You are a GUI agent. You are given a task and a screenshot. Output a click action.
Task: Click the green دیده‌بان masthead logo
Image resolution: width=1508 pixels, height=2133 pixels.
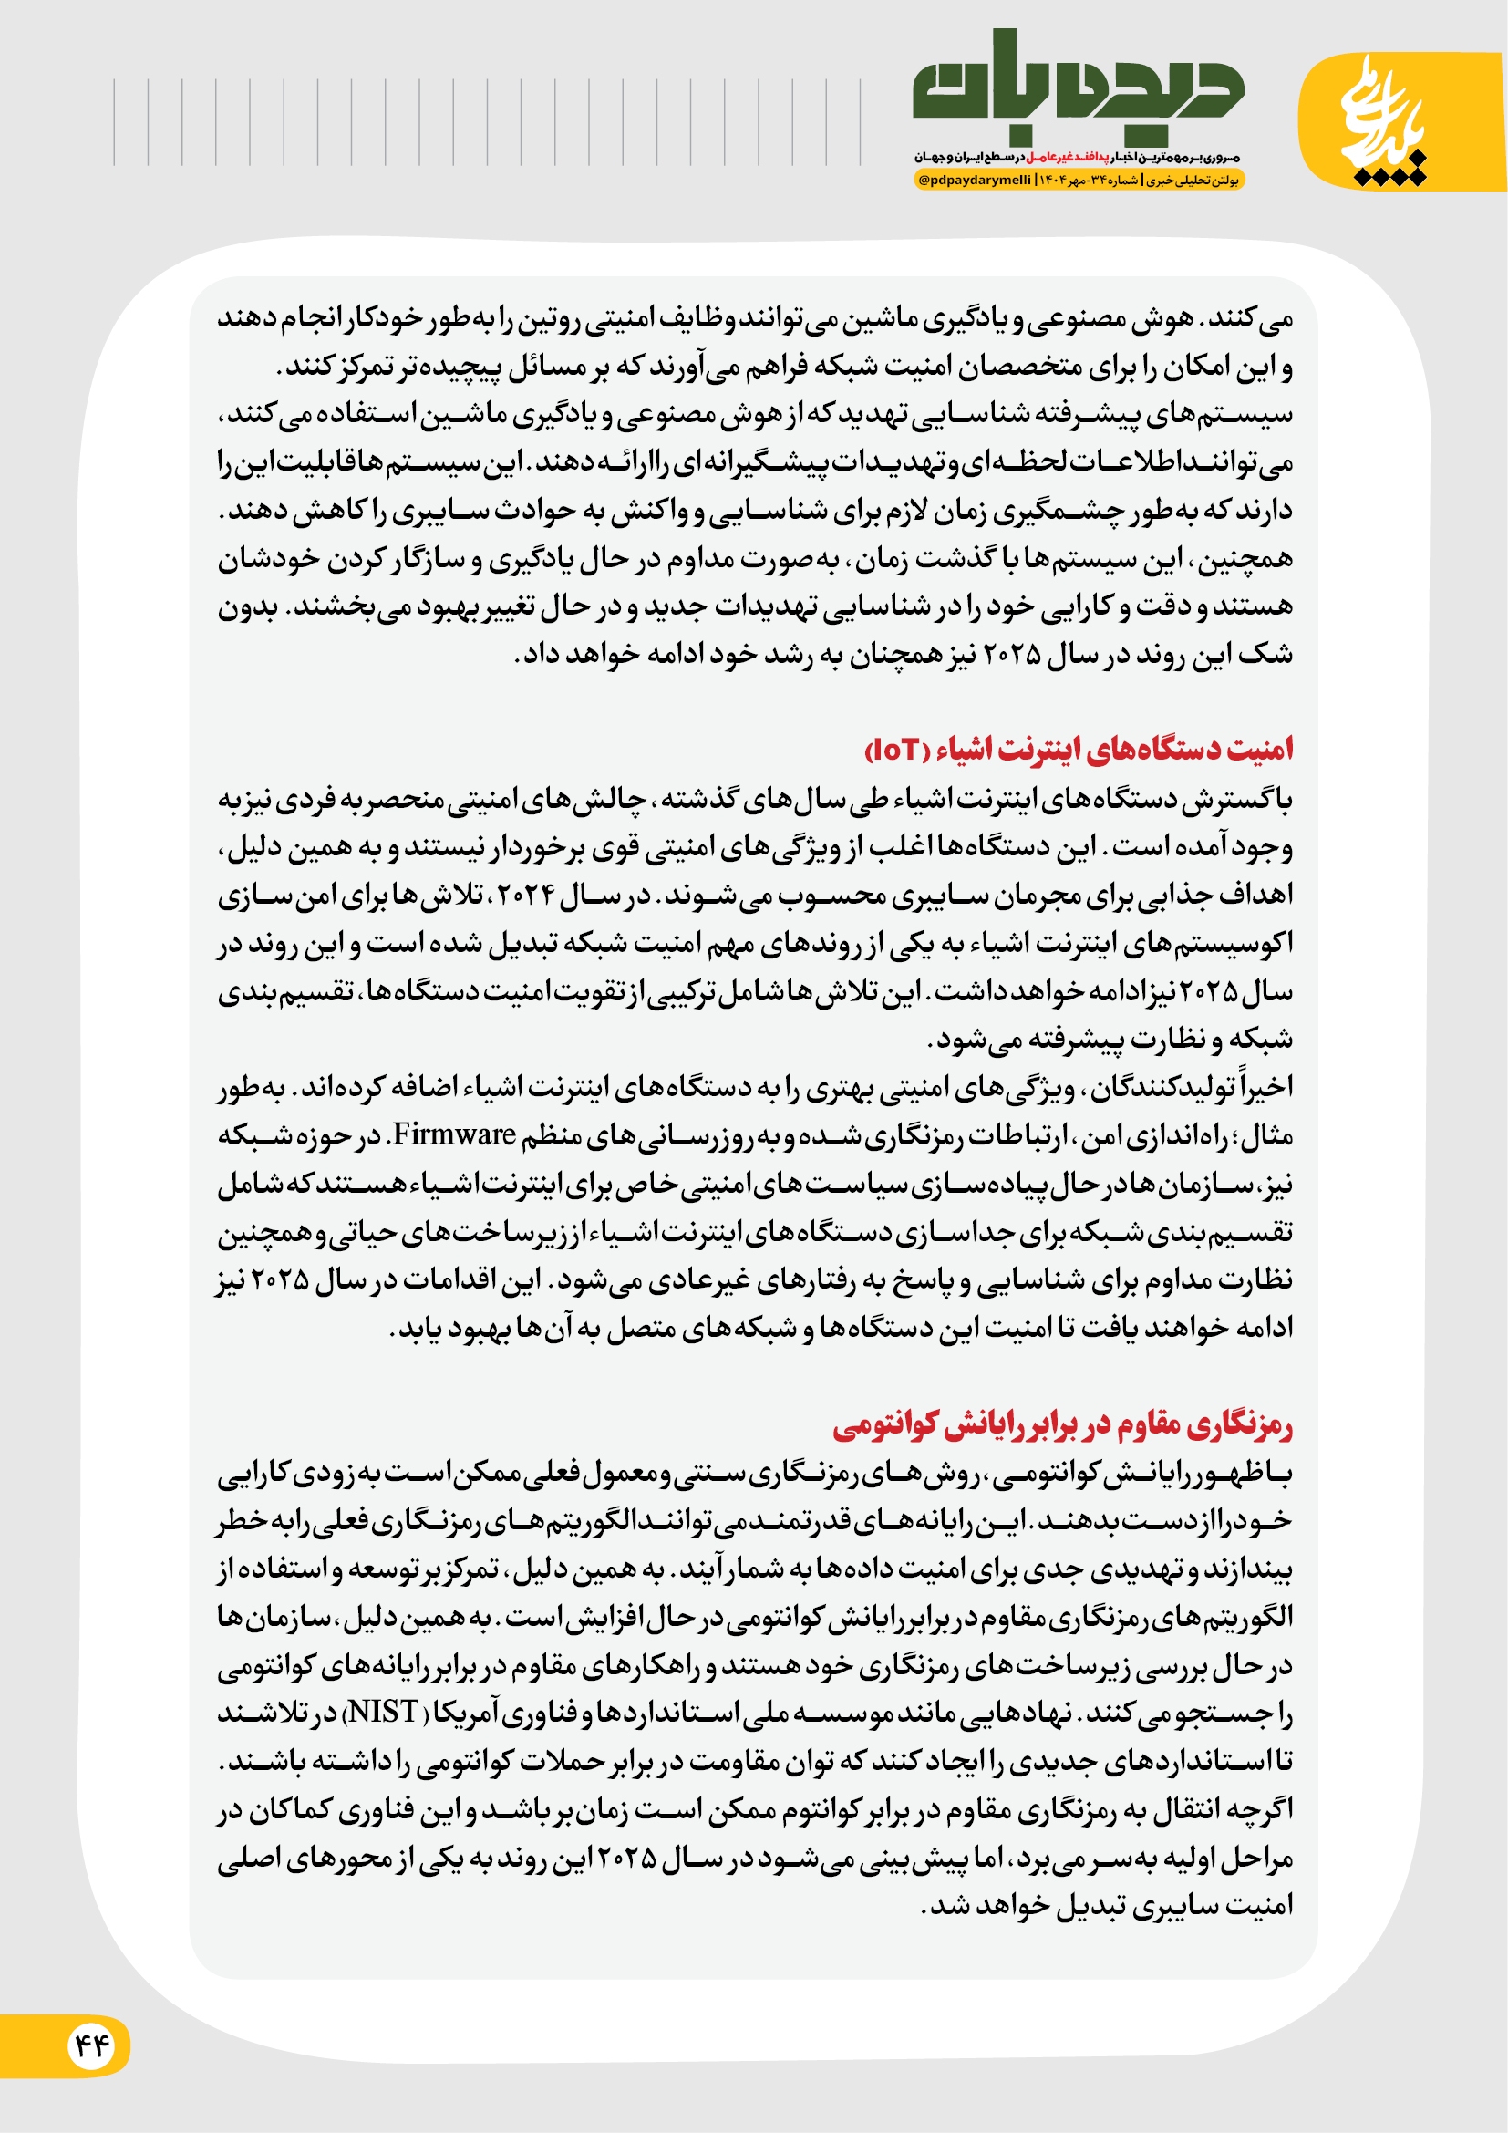(1077, 88)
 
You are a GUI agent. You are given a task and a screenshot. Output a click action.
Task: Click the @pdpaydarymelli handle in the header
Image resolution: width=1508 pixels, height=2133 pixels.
(975, 181)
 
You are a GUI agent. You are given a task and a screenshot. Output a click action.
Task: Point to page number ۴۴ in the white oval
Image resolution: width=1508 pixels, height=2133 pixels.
(91, 2045)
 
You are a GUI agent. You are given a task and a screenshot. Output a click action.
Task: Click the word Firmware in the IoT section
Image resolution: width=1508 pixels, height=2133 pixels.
(455, 1134)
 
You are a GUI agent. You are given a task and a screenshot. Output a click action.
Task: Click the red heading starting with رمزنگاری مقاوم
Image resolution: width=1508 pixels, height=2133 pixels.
(1062, 1425)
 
